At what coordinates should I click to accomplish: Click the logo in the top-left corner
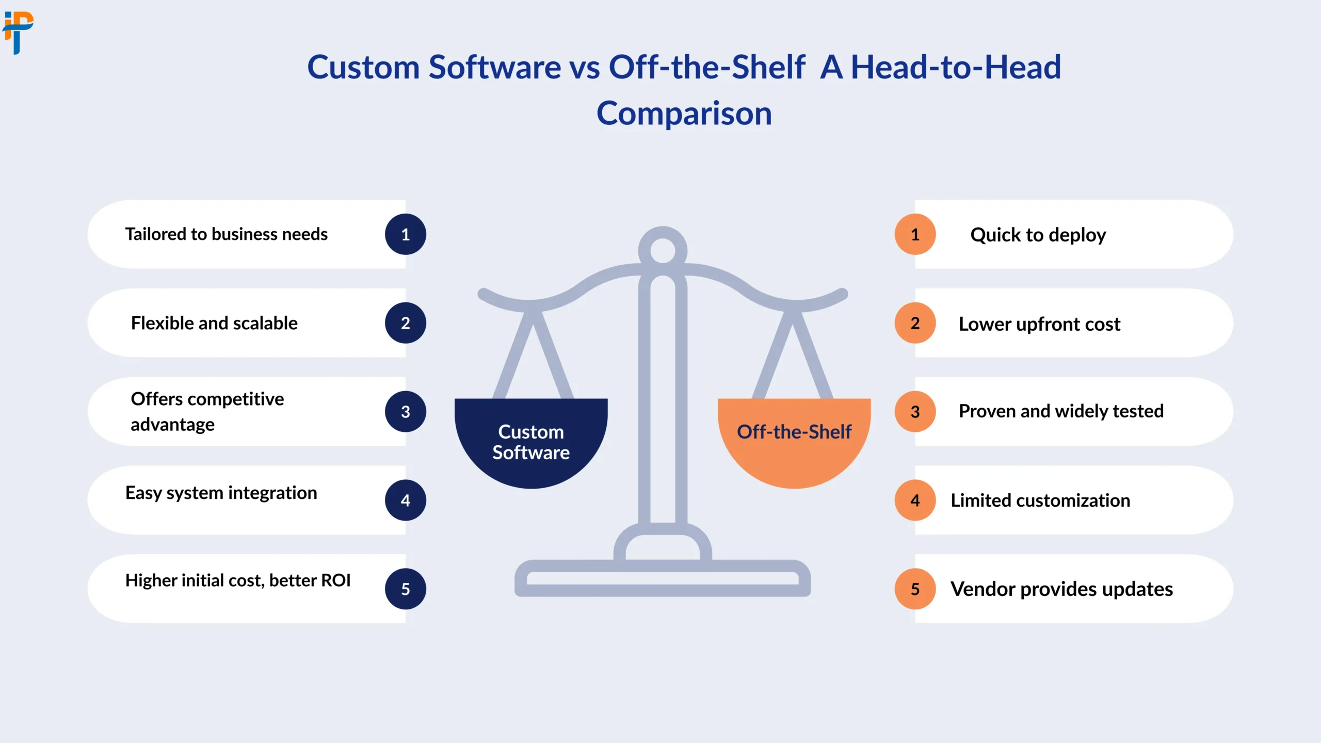tap(18, 33)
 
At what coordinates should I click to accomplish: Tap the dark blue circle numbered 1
tap(406, 234)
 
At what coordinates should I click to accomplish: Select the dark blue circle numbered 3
tap(406, 412)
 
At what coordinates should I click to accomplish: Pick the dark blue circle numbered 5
tap(406, 589)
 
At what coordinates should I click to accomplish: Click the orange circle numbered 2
tap(915, 323)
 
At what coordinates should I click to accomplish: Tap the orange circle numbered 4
tap(915, 500)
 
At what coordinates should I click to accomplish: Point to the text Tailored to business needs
tap(227, 234)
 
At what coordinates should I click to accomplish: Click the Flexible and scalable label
tap(214, 323)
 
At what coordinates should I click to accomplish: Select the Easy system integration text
tap(221, 493)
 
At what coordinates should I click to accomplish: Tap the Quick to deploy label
tap(1038, 235)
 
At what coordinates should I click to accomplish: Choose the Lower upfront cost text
tap(1040, 324)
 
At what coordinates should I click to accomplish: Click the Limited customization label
tap(1040, 500)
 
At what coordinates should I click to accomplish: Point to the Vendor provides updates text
tap(1062, 589)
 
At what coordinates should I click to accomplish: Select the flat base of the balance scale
tap(663, 578)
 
